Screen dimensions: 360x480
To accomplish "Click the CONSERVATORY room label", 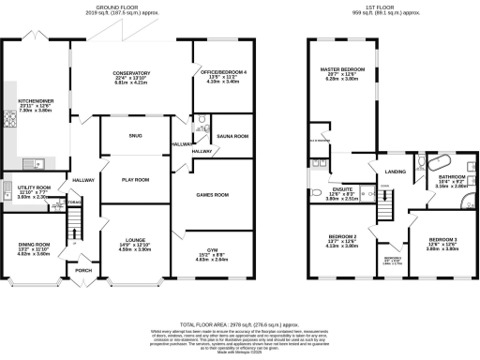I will pos(131,74).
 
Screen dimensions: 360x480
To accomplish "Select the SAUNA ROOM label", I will pos(232,136).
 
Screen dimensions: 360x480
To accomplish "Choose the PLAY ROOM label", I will pos(136,178).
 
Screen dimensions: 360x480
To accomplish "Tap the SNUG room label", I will pos(135,136).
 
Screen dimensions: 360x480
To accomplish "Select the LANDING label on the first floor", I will pos(397,172).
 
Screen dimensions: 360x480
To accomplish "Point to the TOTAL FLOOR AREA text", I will pos(239,321).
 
